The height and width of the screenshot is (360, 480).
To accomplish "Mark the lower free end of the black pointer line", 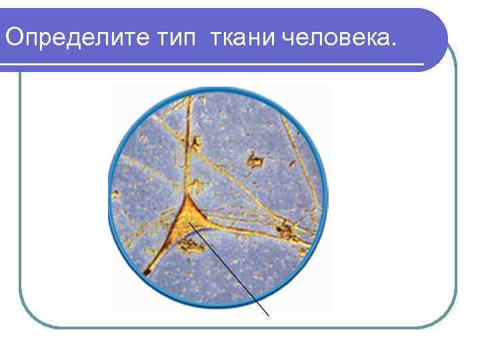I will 269,315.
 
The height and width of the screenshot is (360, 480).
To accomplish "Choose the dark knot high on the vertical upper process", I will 195,141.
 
